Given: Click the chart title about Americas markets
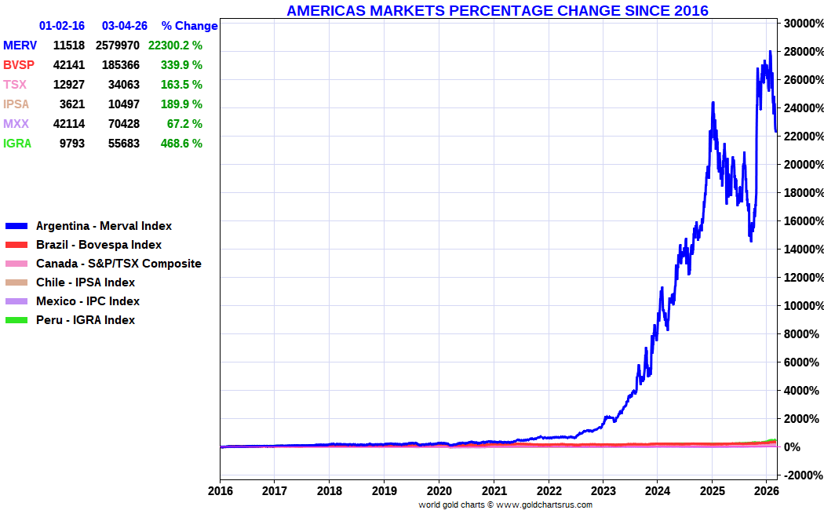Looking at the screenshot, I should pyautogui.click(x=497, y=10).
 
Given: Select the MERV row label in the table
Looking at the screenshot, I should pyautogui.click(x=20, y=46).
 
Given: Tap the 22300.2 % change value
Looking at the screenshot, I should pyautogui.click(x=175, y=46).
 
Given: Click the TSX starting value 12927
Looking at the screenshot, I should pyautogui.click(x=68, y=85).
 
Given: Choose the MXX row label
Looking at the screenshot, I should pyautogui.click(x=16, y=124).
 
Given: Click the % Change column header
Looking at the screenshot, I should pyautogui.click(x=189, y=26).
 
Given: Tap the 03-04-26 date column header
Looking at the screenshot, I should pyautogui.click(x=125, y=26).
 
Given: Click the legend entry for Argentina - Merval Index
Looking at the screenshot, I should pyautogui.click(x=104, y=226).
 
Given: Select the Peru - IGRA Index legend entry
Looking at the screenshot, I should pyautogui.click(x=86, y=320).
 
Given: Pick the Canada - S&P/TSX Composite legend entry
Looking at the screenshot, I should pyautogui.click(x=118, y=264).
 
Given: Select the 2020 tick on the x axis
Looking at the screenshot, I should pyautogui.click(x=439, y=491).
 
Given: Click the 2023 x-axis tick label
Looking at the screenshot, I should pyautogui.click(x=603, y=491).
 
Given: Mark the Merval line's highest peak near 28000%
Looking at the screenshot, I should pyautogui.click(x=770, y=52).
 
